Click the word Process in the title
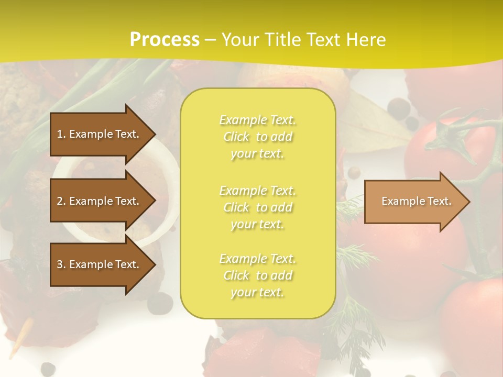[x=165, y=39]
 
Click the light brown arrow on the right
[x=414, y=202]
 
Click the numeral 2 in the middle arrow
[x=60, y=201]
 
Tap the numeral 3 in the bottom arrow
[x=60, y=264]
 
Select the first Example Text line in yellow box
[x=257, y=120]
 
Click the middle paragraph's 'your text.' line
[x=257, y=224]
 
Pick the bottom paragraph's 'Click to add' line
[x=257, y=275]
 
